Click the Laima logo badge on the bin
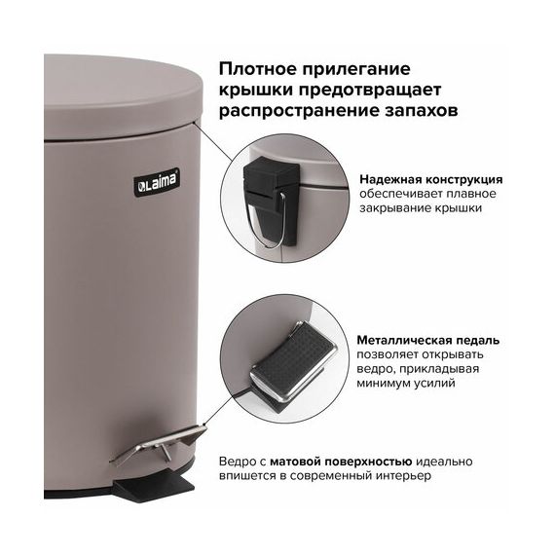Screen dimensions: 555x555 tap(157, 181)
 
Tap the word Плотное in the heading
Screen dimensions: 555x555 tap(257, 69)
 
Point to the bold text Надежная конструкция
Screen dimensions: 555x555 tap(430, 179)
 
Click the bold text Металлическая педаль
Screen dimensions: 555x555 tap(427, 340)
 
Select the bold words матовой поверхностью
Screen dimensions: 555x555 tap(341, 462)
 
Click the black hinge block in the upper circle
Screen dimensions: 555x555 tap(272, 200)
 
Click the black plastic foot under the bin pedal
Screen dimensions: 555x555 tap(154, 484)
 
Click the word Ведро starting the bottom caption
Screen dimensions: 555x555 tap(237, 462)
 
